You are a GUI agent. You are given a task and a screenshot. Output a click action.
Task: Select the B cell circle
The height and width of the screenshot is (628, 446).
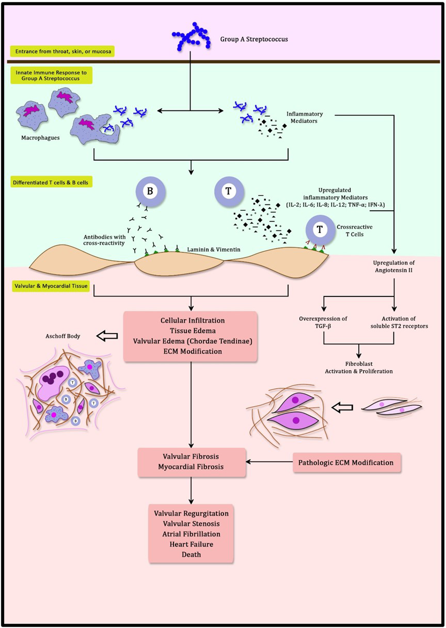click(150, 191)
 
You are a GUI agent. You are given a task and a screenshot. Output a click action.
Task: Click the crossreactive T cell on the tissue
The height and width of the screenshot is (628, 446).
click(320, 230)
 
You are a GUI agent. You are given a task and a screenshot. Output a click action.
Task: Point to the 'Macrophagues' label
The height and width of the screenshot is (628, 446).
click(40, 138)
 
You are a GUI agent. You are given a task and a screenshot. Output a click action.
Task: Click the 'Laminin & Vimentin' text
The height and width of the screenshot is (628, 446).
click(214, 249)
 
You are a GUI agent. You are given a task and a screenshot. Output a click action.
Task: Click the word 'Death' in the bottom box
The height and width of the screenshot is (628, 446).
click(191, 554)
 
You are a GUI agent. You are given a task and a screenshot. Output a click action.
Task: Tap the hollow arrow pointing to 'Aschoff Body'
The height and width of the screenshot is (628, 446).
click(107, 336)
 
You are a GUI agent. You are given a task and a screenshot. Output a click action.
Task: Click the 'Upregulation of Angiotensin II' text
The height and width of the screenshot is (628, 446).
click(394, 266)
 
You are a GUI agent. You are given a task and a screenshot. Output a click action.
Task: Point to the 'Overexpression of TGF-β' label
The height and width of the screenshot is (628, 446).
click(323, 322)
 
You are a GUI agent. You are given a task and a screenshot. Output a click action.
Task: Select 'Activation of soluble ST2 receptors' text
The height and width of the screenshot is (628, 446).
click(399, 322)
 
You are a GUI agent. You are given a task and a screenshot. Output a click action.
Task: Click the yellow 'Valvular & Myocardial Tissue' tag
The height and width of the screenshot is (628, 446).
click(51, 286)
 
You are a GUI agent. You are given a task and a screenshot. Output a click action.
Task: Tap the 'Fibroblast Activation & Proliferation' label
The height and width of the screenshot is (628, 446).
click(359, 368)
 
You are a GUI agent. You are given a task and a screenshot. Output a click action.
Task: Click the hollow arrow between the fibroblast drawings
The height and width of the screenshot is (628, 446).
click(342, 408)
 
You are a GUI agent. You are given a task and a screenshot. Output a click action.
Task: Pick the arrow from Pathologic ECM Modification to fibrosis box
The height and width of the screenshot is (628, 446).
click(269, 462)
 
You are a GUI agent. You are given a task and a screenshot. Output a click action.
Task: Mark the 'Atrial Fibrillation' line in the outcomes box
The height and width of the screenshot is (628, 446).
click(191, 534)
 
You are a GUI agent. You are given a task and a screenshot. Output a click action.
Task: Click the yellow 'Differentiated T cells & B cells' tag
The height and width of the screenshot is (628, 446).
click(51, 182)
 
